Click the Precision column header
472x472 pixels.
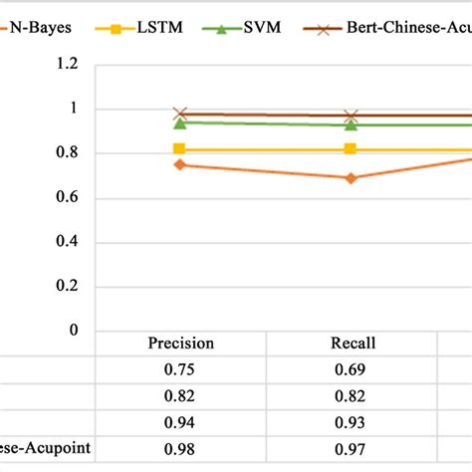pos(180,344)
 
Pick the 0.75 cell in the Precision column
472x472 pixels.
pos(180,370)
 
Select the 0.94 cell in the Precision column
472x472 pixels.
pos(180,422)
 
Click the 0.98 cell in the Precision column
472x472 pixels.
pos(180,448)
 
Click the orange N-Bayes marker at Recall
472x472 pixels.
pos(351,178)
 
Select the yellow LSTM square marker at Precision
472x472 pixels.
pos(179,148)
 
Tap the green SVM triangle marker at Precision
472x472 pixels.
pos(179,122)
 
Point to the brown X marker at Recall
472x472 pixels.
pos(351,117)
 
